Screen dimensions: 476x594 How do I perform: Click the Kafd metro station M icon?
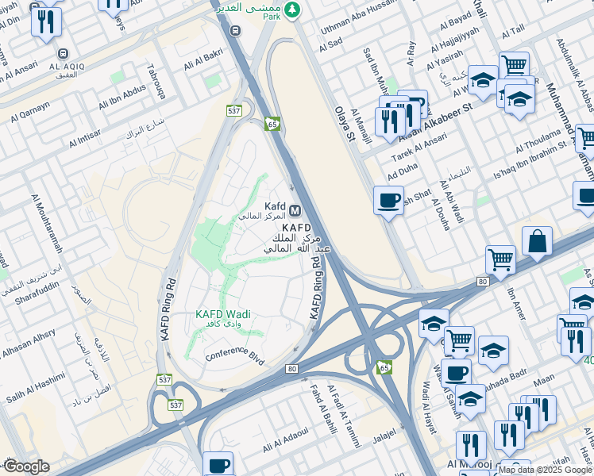click(x=295, y=210)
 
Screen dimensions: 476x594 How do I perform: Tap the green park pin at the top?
click(x=293, y=9)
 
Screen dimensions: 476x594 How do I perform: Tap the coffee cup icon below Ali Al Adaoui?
click(x=218, y=465)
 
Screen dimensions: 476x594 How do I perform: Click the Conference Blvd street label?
click(x=234, y=354)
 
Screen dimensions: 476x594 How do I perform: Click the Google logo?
click(x=25, y=466)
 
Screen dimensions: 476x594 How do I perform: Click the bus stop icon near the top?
click(x=234, y=30)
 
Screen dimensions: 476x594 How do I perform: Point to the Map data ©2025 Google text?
click(x=545, y=470)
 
